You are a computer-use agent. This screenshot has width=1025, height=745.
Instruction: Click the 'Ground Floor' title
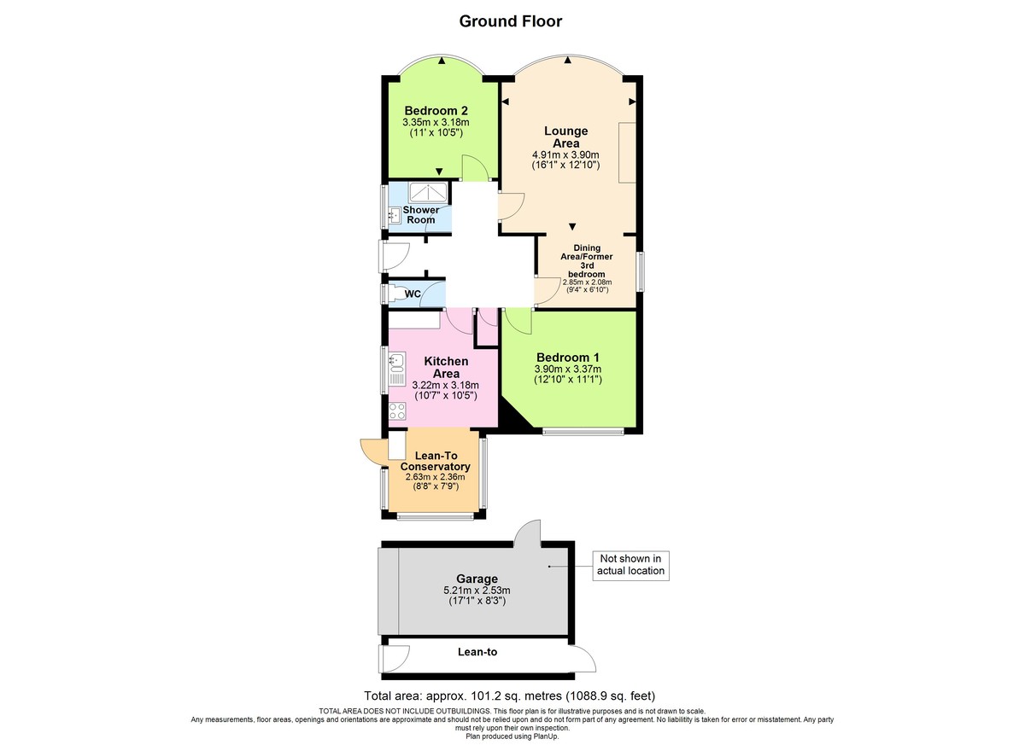tap(511, 21)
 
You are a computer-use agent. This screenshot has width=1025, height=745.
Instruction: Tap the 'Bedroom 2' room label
tap(436, 111)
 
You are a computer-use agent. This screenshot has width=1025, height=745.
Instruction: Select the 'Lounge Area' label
tap(565, 137)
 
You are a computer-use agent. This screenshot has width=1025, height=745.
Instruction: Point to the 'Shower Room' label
tap(421, 215)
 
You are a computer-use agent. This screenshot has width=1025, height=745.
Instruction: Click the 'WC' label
tap(413, 294)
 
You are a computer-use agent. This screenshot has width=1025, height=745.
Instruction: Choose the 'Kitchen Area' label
tap(446, 368)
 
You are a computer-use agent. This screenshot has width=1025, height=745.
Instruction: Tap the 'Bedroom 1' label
tap(568, 357)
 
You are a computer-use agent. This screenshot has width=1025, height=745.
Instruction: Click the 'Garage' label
tap(477, 579)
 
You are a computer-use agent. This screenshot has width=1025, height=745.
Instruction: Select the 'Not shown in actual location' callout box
tap(630, 564)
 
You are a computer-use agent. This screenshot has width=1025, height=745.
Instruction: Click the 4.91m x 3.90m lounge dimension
tap(565, 154)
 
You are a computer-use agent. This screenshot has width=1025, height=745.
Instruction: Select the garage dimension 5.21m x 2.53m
tap(477, 591)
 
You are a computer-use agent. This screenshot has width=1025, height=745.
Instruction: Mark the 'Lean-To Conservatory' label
tap(436, 462)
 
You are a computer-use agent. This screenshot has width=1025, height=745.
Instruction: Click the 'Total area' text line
tap(510, 695)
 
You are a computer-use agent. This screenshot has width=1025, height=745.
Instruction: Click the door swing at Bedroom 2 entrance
tap(474, 168)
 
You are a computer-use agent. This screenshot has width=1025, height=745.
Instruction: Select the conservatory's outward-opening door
tap(373, 451)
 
